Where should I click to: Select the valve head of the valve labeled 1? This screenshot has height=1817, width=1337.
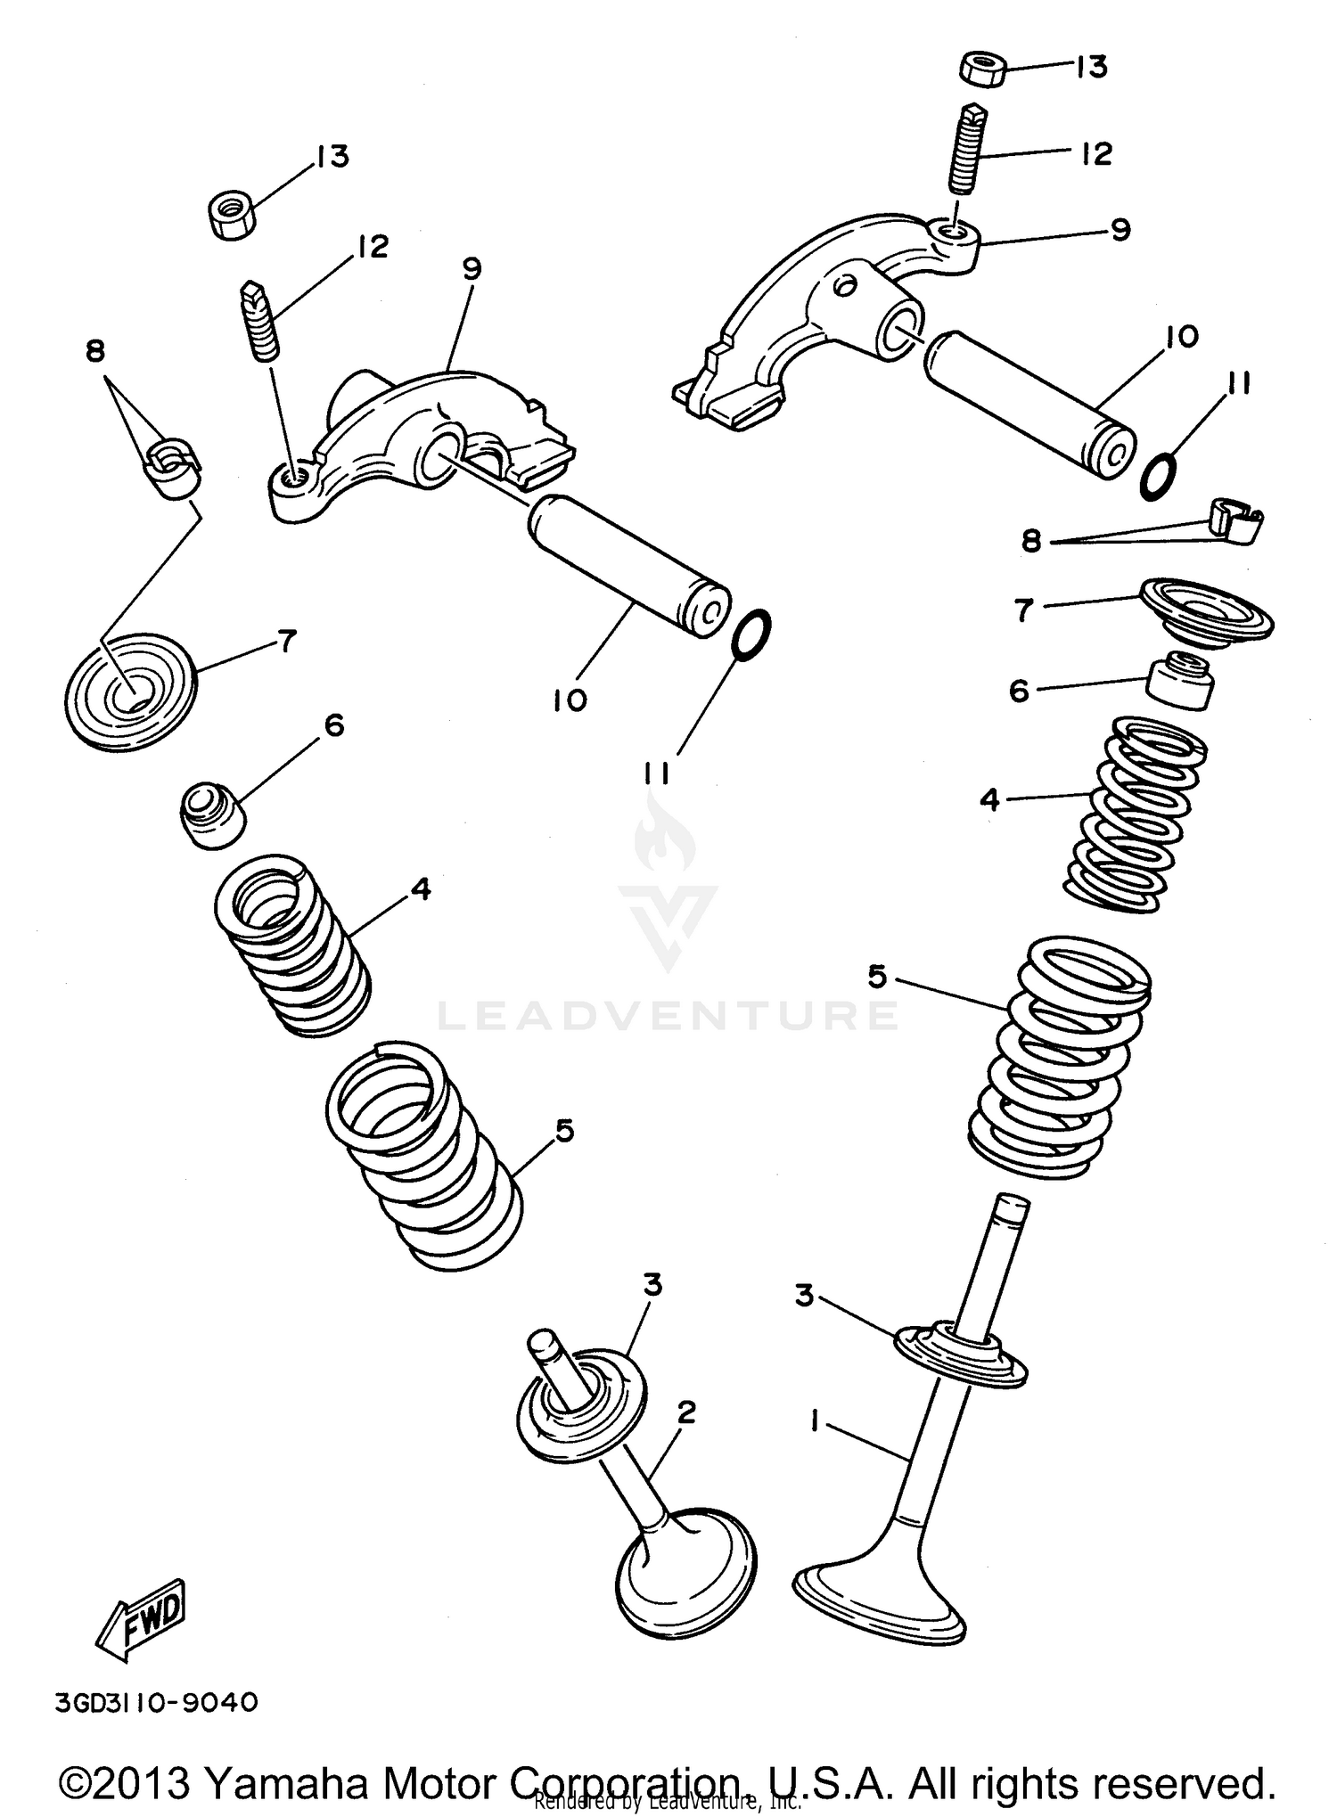pyautogui.click(x=878, y=1600)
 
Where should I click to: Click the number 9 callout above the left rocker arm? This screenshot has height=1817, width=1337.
pyautogui.click(x=472, y=268)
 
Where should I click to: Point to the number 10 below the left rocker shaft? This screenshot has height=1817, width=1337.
pyautogui.click(x=569, y=700)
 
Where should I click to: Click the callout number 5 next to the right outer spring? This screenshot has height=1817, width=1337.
pyautogui.click(x=877, y=978)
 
